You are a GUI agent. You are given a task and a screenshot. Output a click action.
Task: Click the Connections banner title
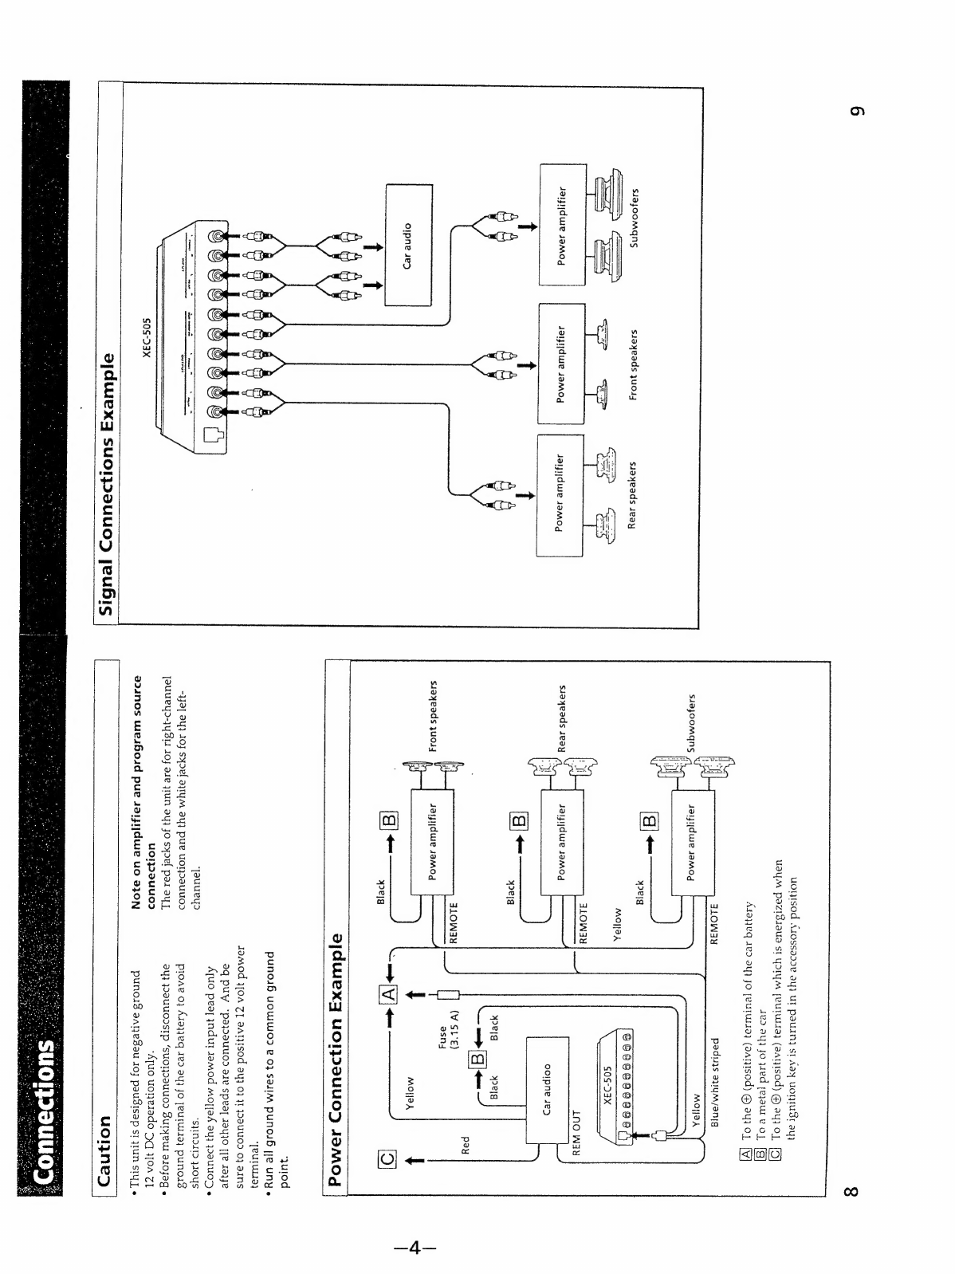point(44,1112)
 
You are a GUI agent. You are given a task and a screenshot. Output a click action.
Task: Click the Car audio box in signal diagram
point(408,245)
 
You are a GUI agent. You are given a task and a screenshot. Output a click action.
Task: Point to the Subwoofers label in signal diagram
point(635,217)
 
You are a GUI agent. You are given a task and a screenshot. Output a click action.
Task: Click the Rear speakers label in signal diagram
point(633,494)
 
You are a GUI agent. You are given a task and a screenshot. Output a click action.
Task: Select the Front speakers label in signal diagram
point(635,364)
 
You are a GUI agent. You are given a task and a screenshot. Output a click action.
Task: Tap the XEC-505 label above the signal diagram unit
point(705,337)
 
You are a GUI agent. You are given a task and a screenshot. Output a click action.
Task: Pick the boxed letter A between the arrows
point(387,995)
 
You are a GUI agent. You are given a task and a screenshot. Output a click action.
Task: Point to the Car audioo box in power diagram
point(548,1089)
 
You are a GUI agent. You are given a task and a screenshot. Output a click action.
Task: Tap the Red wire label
point(466,1145)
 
